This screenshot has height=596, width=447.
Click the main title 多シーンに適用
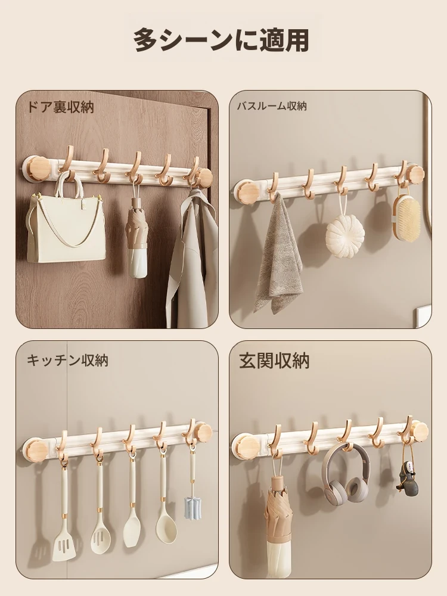click(x=221, y=40)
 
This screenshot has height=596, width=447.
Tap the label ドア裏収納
click(x=60, y=107)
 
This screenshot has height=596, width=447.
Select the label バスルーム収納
click(x=272, y=105)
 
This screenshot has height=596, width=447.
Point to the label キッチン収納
click(x=67, y=360)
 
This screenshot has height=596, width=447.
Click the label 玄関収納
click(x=274, y=361)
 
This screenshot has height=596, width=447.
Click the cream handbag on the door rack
click(x=66, y=224)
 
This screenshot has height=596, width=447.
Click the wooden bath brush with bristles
click(x=406, y=217)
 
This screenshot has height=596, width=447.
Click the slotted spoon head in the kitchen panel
click(x=101, y=536)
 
